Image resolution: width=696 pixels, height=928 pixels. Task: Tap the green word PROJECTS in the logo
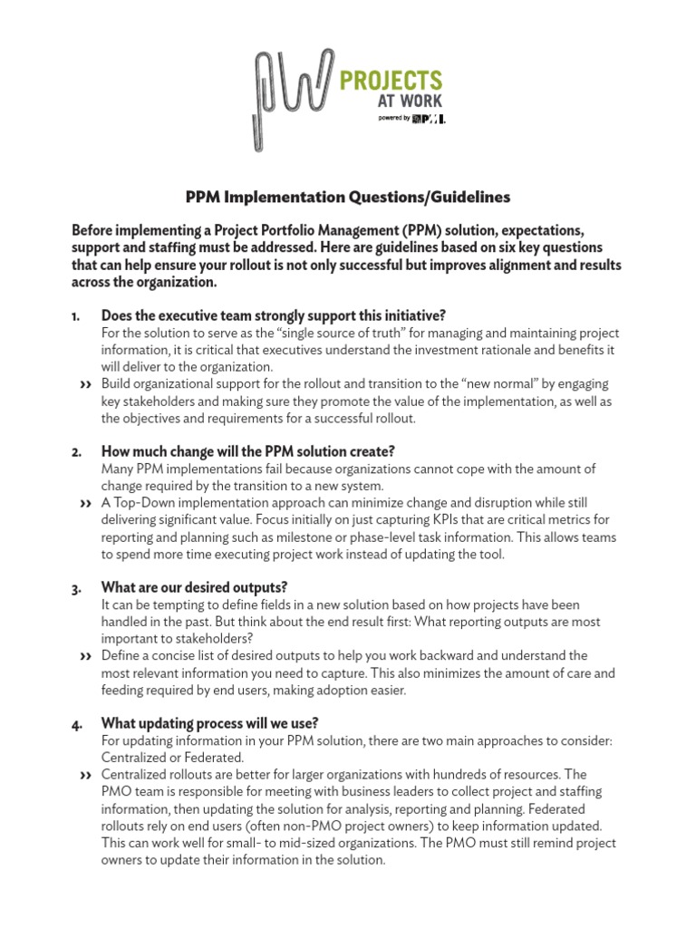[391, 81]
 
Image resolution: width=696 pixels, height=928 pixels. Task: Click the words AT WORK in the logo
[410, 101]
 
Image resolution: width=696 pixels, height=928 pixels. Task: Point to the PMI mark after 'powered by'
[428, 119]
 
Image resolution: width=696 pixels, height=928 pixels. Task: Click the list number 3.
[75, 589]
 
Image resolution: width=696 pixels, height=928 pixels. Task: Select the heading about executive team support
[273, 315]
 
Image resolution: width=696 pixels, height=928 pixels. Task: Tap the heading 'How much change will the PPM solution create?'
[247, 451]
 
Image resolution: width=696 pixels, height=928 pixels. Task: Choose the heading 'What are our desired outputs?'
[194, 587]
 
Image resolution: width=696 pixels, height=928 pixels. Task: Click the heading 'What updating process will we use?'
[209, 723]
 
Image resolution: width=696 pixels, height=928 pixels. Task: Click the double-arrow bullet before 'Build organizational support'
[85, 385]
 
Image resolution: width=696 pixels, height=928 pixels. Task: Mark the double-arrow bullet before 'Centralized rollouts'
[85, 776]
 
